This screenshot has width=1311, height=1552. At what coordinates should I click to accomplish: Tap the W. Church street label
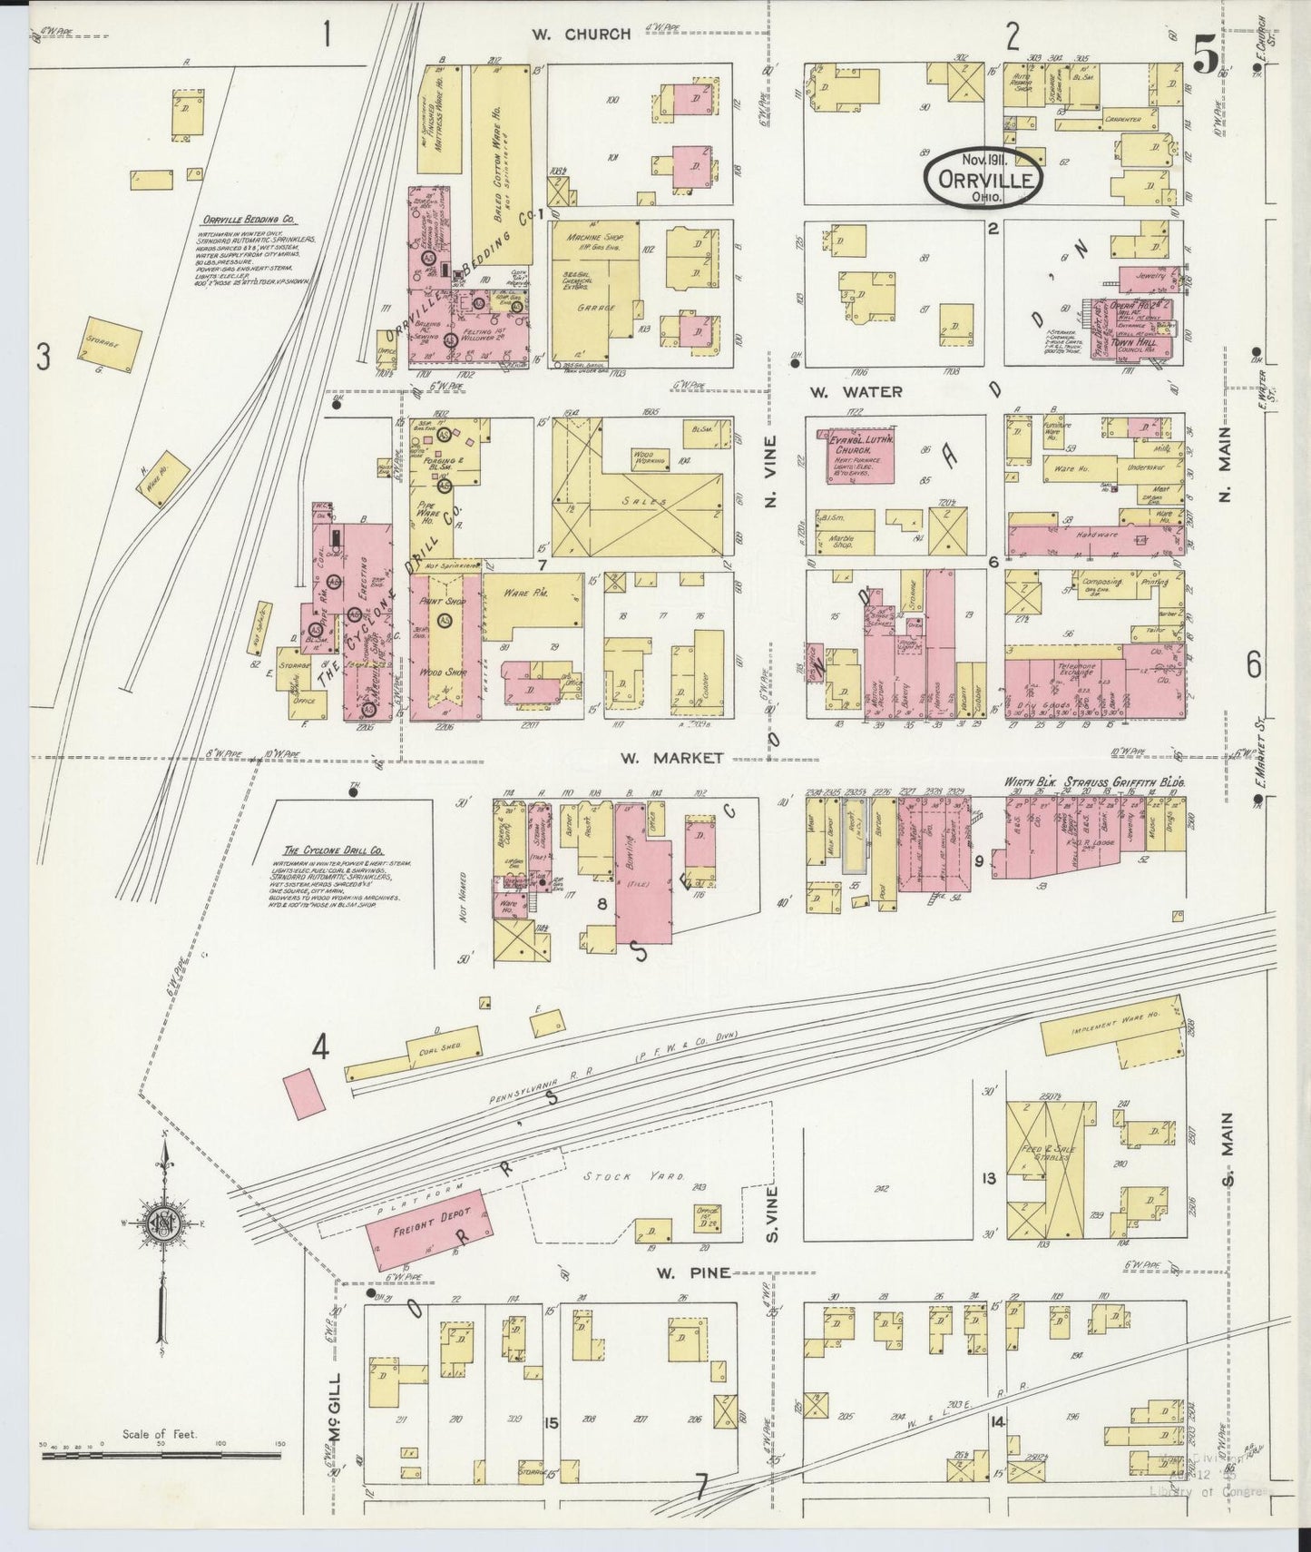point(581,34)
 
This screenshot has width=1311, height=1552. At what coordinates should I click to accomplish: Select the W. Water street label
point(856,392)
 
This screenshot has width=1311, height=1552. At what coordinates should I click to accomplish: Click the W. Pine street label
point(693,1272)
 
